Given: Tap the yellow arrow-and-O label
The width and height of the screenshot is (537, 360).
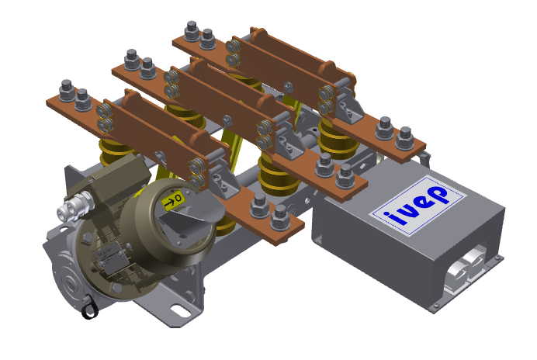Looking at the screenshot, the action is click(x=173, y=201).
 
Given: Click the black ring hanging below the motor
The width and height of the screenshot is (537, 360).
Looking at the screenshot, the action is click(x=90, y=308).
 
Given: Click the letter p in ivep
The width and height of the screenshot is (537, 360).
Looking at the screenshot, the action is click(x=439, y=195).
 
